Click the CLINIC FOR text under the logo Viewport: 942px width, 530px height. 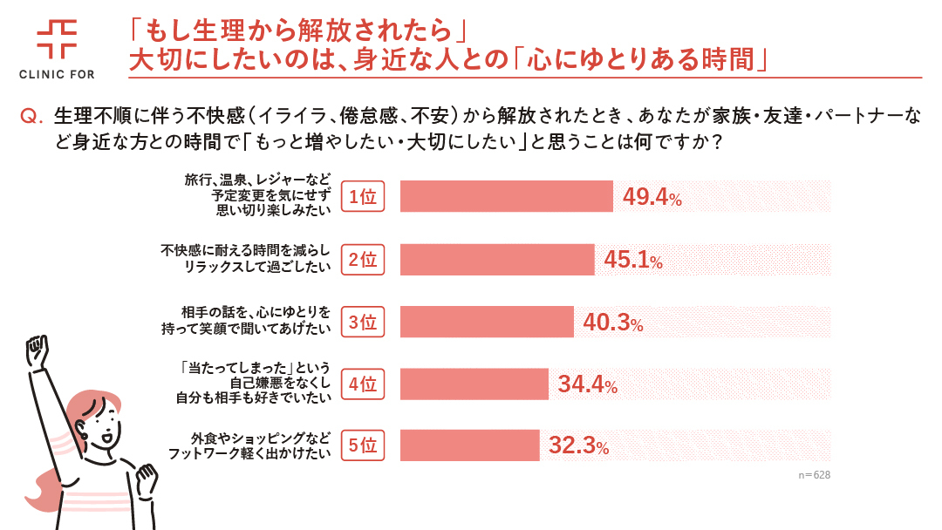click(57, 75)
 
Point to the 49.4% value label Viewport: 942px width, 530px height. click(652, 198)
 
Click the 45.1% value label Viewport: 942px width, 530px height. click(632, 260)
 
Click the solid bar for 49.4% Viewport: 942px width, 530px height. click(507, 197)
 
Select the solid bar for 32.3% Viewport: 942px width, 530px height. click(469, 445)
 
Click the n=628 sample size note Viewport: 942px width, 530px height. click(813, 476)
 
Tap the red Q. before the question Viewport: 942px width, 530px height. click(31, 116)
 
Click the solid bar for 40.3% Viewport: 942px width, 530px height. click(487, 322)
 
